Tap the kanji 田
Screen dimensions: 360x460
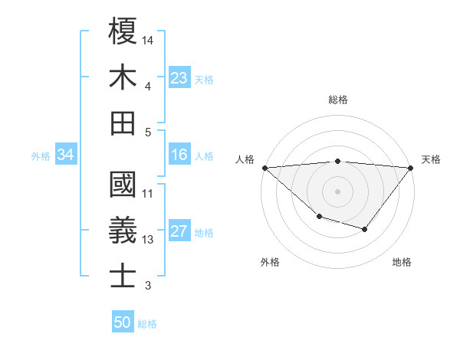click(123, 123)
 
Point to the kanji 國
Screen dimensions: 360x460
click(123, 185)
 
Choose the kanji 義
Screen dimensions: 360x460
click(123, 231)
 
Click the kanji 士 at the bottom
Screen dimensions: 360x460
click(123, 276)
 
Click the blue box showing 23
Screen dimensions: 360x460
click(179, 77)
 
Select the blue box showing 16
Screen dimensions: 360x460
click(179, 155)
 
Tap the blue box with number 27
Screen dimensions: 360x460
click(179, 231)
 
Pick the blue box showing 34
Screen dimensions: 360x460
click(65, 155)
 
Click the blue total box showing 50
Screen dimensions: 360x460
click(123, 322)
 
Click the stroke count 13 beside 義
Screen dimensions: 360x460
click(148, 240)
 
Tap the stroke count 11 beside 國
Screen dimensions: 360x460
click(148, 194)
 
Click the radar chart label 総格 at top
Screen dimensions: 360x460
click(337, 100)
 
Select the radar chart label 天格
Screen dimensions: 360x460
click(432, 159)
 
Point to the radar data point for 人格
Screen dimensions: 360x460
click(264, 167)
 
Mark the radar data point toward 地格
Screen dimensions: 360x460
click(365, 229)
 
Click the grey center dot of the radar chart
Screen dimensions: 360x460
click(337, 191)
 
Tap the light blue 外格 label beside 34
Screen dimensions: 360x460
click(41, 155)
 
